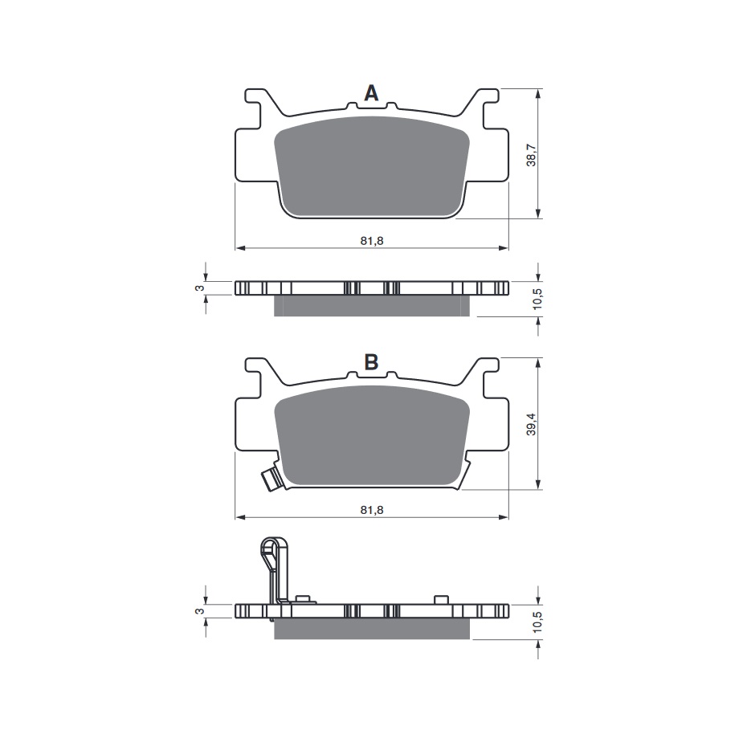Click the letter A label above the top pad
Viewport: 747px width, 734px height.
[371, 94]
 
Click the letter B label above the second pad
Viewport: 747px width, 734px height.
[371, 362]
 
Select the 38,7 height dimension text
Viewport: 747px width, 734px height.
[531, 155]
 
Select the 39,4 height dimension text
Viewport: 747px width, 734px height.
[531, 423]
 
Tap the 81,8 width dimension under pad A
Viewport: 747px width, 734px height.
[371, 239]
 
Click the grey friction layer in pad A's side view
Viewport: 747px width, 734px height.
[371, 306]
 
